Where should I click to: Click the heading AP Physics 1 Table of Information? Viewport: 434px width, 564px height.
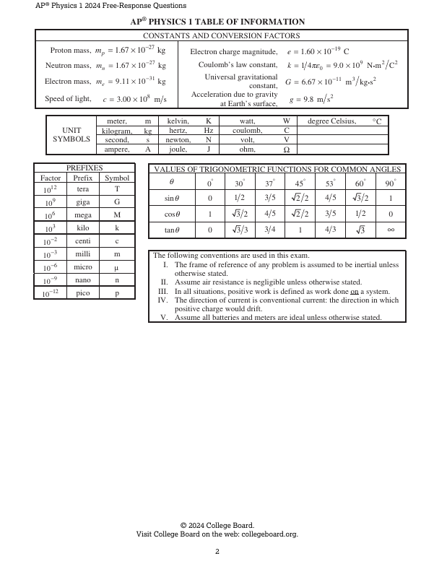tap(217, 22)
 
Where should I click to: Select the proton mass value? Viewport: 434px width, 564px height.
tap(130, 51)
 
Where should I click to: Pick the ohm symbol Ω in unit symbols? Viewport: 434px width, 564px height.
tap(286, 150)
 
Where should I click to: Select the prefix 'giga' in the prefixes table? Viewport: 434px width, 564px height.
tap(83, 202)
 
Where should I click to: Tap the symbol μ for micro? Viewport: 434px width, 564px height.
tap(117, 267)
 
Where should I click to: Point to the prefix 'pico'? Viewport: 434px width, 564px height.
tap(83, 293)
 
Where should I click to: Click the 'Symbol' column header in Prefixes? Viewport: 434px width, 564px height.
tap(117, 178)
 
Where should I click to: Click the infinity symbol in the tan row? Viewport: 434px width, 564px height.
tap(390, 230)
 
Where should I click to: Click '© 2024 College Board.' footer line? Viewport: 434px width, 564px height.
tap(217, 525)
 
